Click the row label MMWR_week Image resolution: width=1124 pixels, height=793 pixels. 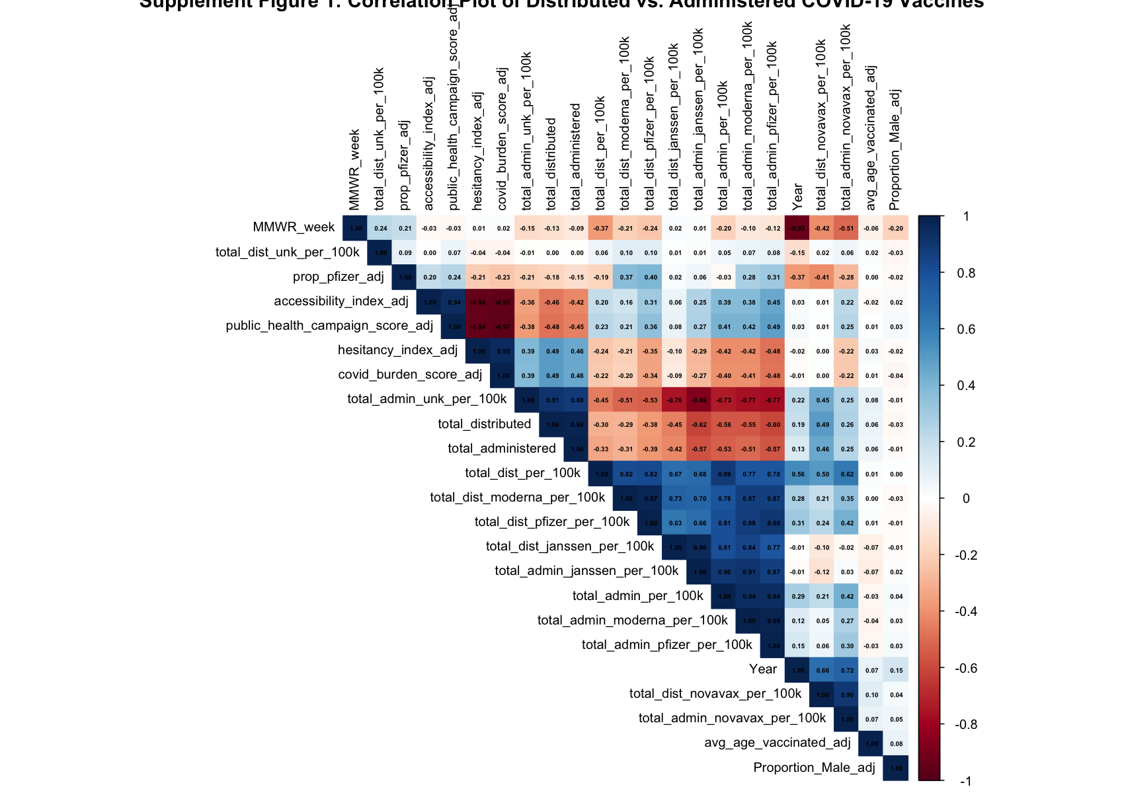(x=294, y=227)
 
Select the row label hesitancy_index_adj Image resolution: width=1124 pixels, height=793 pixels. (x=397, y=350)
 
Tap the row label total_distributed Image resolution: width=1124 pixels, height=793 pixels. (x=484, y=424)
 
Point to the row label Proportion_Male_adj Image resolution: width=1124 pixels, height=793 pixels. (x=814, y=768)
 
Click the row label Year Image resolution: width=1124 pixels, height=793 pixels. (x=763, y=669)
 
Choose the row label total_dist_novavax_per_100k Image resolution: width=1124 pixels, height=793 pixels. (x=715, y=694)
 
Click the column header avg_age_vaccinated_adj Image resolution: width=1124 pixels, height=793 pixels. (x=871, y=137)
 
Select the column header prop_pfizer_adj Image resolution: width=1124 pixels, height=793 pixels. (x=405, y=165)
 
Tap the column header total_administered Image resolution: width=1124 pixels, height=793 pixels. (x=576, y=156)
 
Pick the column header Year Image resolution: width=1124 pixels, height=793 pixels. (x=798, y=196)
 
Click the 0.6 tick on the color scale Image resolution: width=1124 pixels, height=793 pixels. (x=966, y=330)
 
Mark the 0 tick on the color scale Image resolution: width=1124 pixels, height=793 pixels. (x=966, y=499)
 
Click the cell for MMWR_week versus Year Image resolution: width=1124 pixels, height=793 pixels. (x=798, y=228)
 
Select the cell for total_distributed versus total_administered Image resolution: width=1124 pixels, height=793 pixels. (x=577, y=425)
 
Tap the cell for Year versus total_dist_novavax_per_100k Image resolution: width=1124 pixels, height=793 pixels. (x=823, y=670)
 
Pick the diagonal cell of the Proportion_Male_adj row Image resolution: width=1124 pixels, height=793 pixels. (x=896, y=768)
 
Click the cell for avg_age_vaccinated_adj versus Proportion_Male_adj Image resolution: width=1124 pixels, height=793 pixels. (x=896, y=743)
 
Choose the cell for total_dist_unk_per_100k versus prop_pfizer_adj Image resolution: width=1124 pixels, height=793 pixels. (x=405, y=252)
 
